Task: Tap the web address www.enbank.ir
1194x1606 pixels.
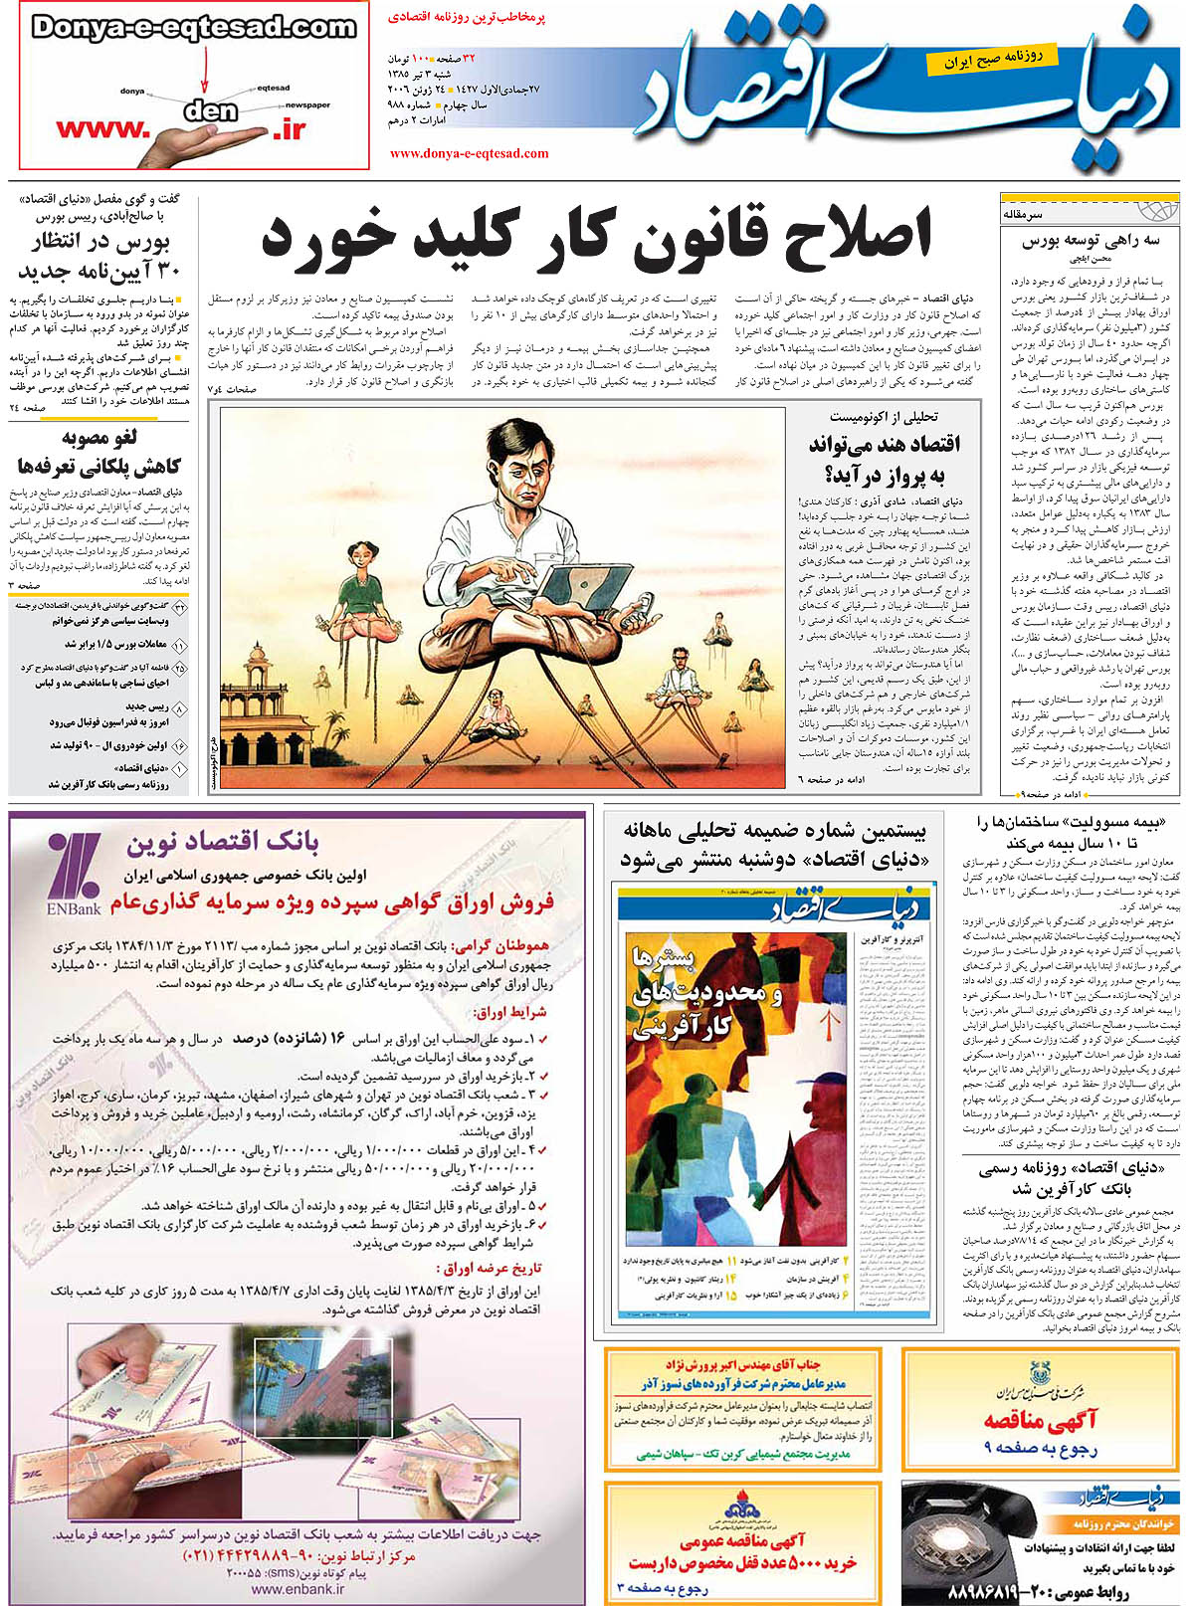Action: pyautogui.click(x=297, y=1589)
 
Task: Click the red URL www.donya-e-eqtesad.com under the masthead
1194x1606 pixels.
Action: pyautogui.click(x=469, y=153)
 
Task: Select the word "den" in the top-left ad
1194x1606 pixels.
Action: pyautogui.click(x=210, y=109)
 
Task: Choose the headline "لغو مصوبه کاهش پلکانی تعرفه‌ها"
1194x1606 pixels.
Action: pyautogui.click(x=99, y=453)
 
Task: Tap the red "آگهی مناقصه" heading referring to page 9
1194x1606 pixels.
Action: pyautogui.click(x=1040, y=1421)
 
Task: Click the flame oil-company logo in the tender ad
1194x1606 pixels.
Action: pyautogui.click(x=741, y=1507)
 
